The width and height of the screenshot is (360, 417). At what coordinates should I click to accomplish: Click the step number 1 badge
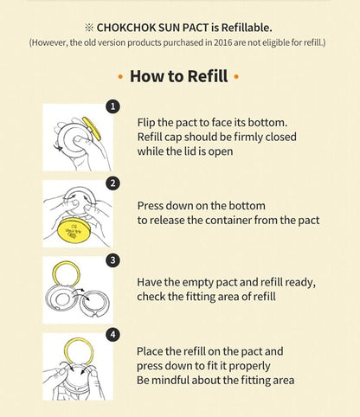coord(112,106)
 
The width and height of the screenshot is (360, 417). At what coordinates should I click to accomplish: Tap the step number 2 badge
coord(112,183)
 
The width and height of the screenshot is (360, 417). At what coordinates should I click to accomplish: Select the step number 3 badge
coord(112,260)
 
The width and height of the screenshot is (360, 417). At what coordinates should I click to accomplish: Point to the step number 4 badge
coord(112,335)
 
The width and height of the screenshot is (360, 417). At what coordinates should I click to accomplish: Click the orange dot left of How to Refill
coord(120,77)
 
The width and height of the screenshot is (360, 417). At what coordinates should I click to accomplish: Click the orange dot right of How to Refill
coord(236,77)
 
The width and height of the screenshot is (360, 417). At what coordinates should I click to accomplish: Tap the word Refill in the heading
coord(208,76)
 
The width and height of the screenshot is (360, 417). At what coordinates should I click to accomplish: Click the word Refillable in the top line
coord(247,28)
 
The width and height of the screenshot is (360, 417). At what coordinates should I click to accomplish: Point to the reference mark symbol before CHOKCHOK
coord(89,28)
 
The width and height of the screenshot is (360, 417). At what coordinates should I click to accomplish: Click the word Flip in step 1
coord(146,123)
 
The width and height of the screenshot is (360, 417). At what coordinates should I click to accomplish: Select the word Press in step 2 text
coord(150,206)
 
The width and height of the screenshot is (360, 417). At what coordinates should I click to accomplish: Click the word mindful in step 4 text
coord(171,380)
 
